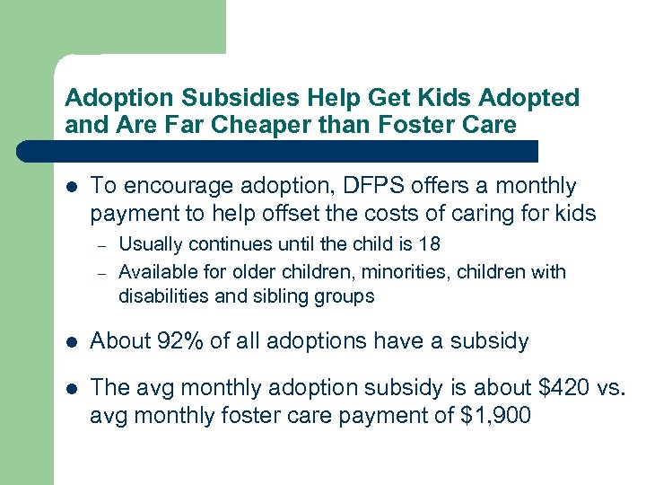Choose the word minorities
[x=362, y=271]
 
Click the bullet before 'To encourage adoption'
[x=73, y=187]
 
